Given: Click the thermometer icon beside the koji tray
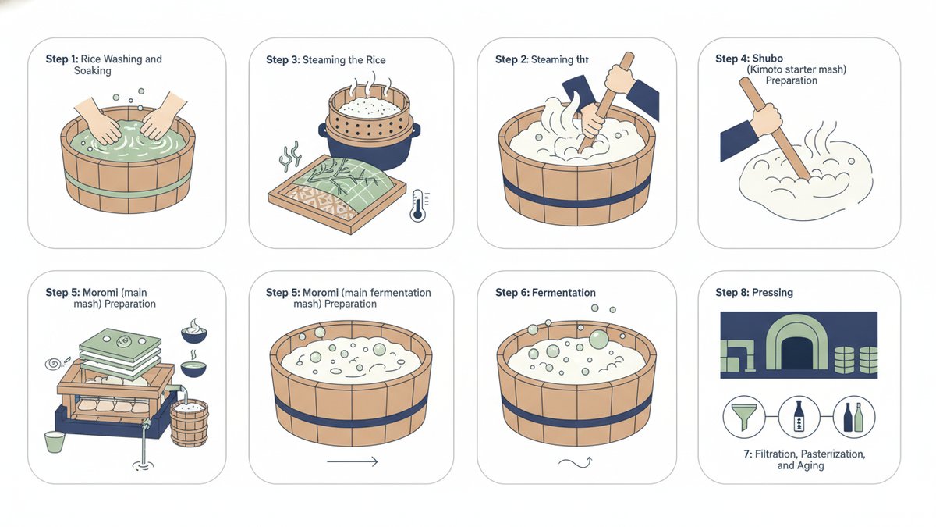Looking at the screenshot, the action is click(418, 205).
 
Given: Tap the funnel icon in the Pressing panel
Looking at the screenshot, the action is click(744, 417).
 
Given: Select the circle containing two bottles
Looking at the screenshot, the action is click(853, 417).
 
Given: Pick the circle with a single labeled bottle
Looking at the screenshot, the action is click(799, 417).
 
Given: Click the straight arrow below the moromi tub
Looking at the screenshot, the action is click(353, 461).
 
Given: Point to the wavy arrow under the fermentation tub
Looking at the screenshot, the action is click(576, 462).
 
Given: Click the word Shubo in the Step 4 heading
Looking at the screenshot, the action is click(768, 58).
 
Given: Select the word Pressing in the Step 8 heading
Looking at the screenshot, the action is click(772, 292).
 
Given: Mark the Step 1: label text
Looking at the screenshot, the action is click(62, 59).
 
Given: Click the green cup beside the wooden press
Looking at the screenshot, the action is click(55, 442).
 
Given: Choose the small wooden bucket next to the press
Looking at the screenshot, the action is click(190, 422).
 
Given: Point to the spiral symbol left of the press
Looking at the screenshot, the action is click(54, 364).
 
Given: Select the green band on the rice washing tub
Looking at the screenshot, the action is click(127, 185).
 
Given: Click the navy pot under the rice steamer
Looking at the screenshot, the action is click(370, 147).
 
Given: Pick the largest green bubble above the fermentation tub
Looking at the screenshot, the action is click(598, 339).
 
